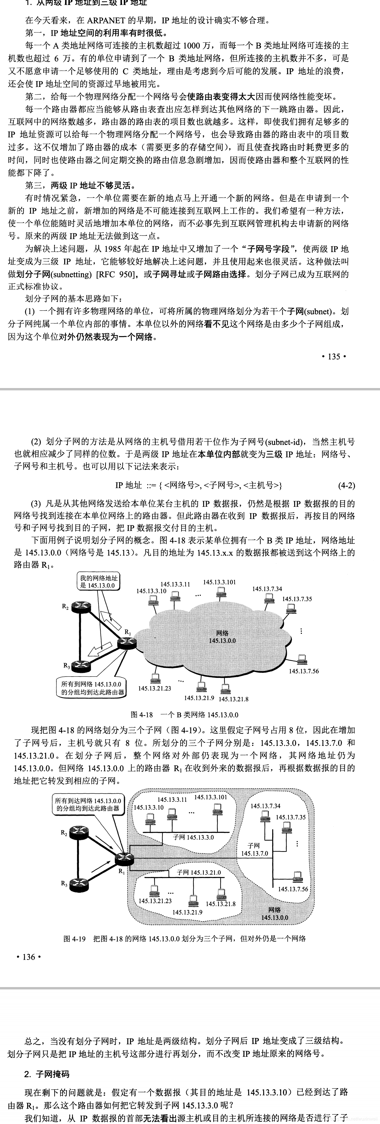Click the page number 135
[x=333, y=356]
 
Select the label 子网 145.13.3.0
[x=193, y=837]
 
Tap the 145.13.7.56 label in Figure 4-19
[x=293, y=889]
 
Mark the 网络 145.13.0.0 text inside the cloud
[x=222, y=637]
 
